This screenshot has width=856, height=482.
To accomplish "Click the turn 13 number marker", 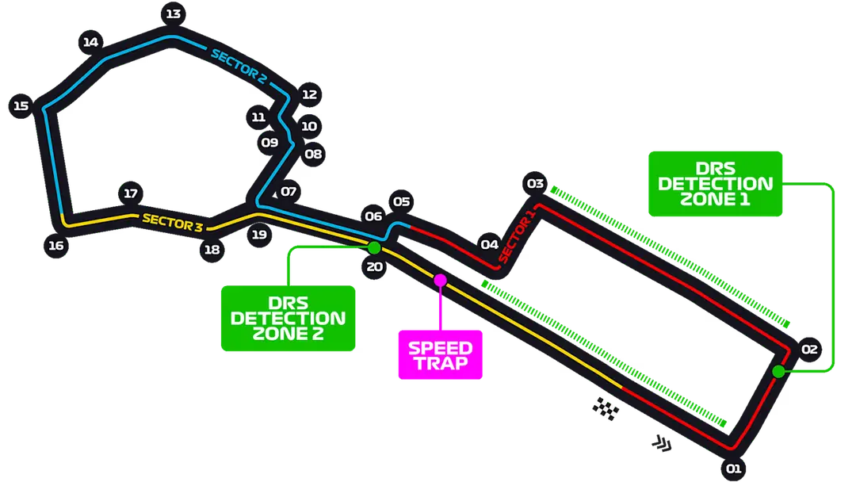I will pos(172,13).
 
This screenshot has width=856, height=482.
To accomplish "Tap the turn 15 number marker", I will pos(21,106).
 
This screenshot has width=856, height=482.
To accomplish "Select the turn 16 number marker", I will pos(55,246).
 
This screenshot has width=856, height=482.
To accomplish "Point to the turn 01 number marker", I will pos(733,469).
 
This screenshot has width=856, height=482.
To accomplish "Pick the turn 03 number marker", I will pos(535,184).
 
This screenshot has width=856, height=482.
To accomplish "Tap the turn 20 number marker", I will pos(375,266).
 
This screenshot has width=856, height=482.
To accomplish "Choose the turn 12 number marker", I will pos(309,94).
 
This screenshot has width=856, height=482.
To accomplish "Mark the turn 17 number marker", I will pos(131,193).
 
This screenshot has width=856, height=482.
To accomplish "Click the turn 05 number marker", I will pos(401,201).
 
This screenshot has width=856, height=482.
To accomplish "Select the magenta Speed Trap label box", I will pos(440,355).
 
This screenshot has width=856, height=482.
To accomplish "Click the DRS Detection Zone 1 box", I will pos(716,183).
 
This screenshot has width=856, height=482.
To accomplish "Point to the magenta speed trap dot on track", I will pos(440,280).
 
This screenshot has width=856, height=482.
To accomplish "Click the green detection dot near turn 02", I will pos(778,371).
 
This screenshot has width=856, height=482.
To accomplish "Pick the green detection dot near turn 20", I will pos(374,247).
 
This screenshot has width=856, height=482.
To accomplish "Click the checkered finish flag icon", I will pos(606,408).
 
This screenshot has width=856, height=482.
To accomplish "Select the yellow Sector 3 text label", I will pos(173,222).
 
